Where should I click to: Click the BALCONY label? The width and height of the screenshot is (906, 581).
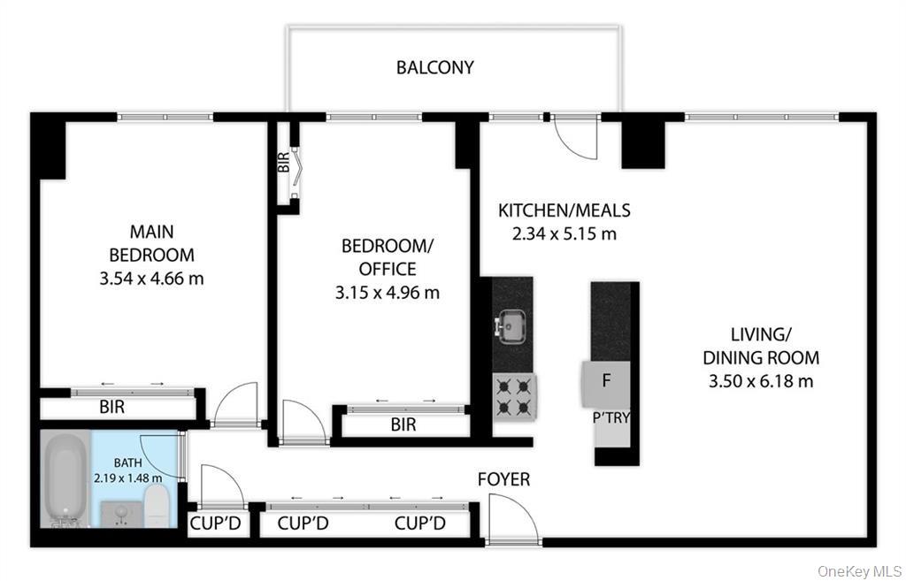(434, 67)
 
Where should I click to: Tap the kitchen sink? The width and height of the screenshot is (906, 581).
(512, 326)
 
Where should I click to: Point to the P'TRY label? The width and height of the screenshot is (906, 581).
(611, 417)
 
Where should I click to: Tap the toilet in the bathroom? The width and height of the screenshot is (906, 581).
(156, 503)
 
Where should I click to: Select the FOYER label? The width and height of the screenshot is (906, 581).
(503, 479)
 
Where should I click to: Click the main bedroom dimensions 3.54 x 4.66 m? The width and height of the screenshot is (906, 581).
(151, 279)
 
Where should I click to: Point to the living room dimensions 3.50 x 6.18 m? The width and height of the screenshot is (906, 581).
(761, 381)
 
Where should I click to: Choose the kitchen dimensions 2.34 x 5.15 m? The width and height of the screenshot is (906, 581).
(564, 234)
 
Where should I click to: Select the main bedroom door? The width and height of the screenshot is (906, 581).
(235, 406)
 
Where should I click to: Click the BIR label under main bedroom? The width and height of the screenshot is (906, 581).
(111, 408)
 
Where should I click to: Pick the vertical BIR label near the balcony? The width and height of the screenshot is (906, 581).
(283, 163)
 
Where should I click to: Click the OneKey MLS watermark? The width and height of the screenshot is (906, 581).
(859, 570)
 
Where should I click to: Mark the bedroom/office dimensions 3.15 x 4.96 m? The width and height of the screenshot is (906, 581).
(390, 292)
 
